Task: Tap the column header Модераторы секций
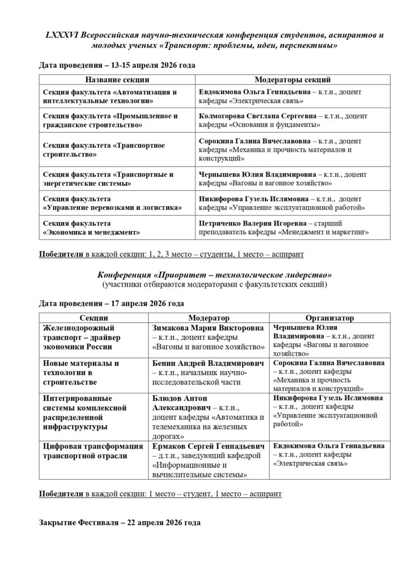[293, 80]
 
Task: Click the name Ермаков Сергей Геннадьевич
[208, 446]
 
